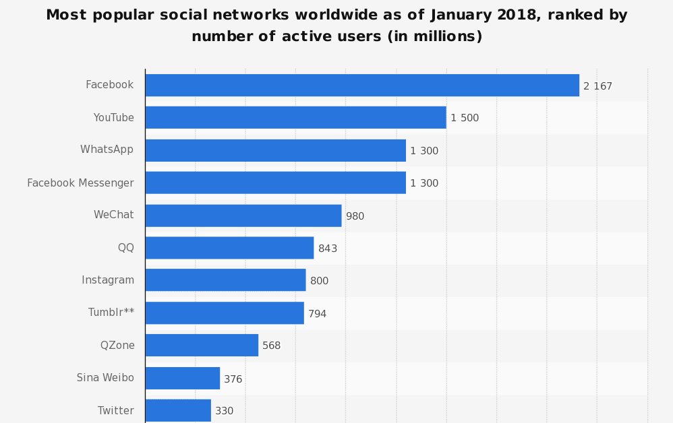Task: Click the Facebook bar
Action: pyautogui.click(x=361, y=86)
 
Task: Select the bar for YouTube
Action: pyautogui.click(x=295, y=118)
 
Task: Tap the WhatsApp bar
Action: pyautogui.click(x=275, y=150)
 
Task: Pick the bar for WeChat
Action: pyautogui.click(x=243, y=216)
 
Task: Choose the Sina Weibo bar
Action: pyautogui.click(x=182, y=379)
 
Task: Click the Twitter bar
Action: pyautogui.click(x=177, y=410)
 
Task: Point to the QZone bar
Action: pyautogui.click(x=201, y=346)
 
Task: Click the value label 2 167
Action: pyautogui.click(x=597, y=86)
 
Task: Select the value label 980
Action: pyautogui.click(x=355, y=216)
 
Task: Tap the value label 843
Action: pyautogui.click(x=328, y=249)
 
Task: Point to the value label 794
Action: pyautogui.click(x=317, y=314)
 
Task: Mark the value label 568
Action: pyautogui.click(x=271, y=346)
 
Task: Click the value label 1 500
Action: pyautogui.click(x=465, y=118)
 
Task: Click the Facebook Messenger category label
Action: pyautogui.click(x=80, y=183)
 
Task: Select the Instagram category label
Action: pyautogui.click(x=108, y=280)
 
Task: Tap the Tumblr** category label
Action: pyautogui.click(x=111, y=313)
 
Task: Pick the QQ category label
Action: pyautogui.click(x=126, y=248)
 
